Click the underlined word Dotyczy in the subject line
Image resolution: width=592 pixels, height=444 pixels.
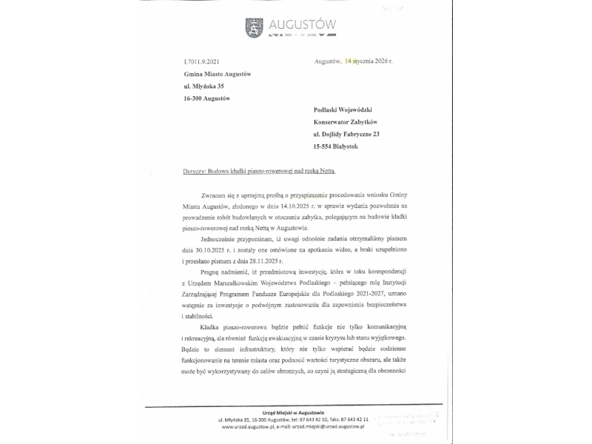coord(195,171)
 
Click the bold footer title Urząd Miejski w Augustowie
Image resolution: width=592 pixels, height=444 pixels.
coord(294,411)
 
